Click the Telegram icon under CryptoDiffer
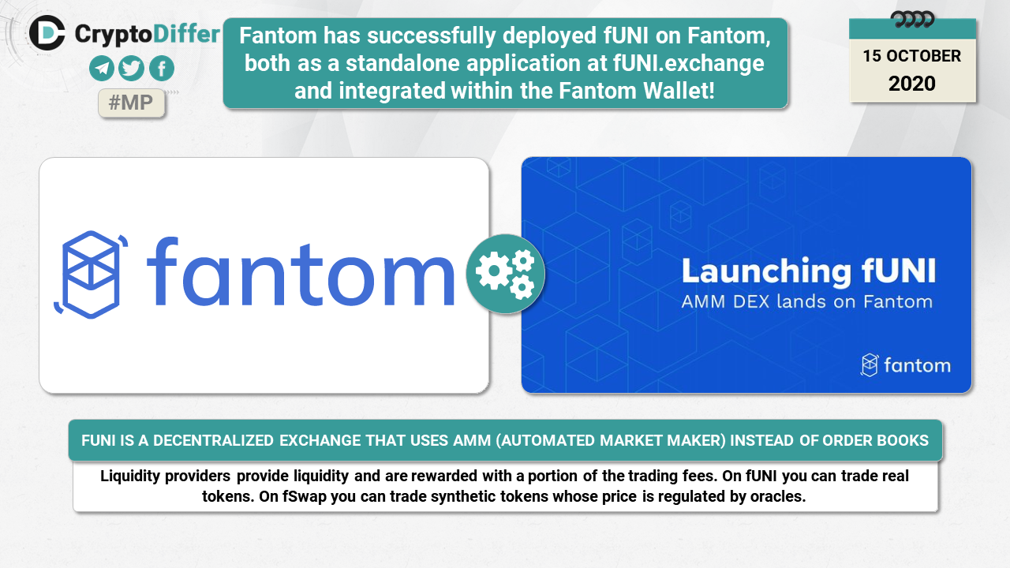(102, 69)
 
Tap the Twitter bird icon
(131, 69)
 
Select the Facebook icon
(162, 69)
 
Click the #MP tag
(131, 103)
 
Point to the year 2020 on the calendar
(911, 84)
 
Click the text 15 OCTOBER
(911, 56)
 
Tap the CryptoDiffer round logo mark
(47, 33)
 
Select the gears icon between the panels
(506, 274)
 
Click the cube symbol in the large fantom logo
(91, 275)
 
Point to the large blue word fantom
(301, 271)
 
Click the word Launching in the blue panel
(766, 272)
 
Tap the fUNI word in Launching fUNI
(899, 271)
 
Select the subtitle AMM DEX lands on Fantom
(806, 301)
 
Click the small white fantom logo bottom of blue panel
(905, 365)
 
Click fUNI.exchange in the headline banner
(689, 63)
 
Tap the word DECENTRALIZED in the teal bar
(213, 440)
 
